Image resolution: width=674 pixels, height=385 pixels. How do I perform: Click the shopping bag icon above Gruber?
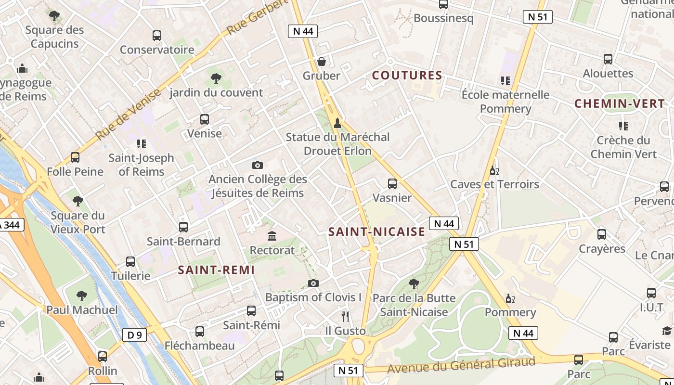pyautogui.click(x=321, y=62)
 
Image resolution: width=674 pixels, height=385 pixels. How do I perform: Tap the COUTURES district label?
pyautogui.click(x=407, y=76)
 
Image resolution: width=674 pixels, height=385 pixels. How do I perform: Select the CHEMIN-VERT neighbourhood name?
pyautogui.click(x=620, y=103)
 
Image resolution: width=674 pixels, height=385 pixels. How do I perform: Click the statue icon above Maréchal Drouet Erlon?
pyautogui.click(x=337, y=123)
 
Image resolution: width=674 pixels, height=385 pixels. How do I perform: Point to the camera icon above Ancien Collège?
pyautogui.click(x=258, y=165)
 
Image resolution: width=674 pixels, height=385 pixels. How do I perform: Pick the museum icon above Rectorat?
pyautogui.click(x=272, y=236)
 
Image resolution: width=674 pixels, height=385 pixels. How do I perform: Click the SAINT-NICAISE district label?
pyautogui.click(x=376, y=232)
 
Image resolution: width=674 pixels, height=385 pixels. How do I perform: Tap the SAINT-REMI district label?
pyautogui.click(x=216, y=270)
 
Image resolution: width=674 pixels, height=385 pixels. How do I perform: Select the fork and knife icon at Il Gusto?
pyautogui.click(x=345, y=316)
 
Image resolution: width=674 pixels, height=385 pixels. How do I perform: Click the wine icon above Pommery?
pyautogui.click(x=510, y=299)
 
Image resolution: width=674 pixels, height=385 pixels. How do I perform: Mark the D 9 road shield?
pyautogui.click(x=134, y=335)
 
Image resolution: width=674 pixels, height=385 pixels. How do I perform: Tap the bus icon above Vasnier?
pyautogui.click(x=392, y=183)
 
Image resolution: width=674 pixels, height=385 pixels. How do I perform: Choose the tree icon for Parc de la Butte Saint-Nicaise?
pyautogui.click(x=414, y=283)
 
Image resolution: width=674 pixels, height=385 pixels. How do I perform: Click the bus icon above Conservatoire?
pyautogui.click(x=157, y=35)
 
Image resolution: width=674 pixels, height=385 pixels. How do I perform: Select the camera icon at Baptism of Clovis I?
pyautogui.click(x=313, y=283)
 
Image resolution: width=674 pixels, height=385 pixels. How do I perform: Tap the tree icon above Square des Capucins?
pyautogui.click(x=54, y=16)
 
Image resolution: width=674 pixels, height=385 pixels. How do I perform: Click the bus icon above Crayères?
pyautogui.click(x=602, y=234)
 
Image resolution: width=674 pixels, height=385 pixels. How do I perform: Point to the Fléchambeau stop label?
pyautogui.click(x=200, y=346)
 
